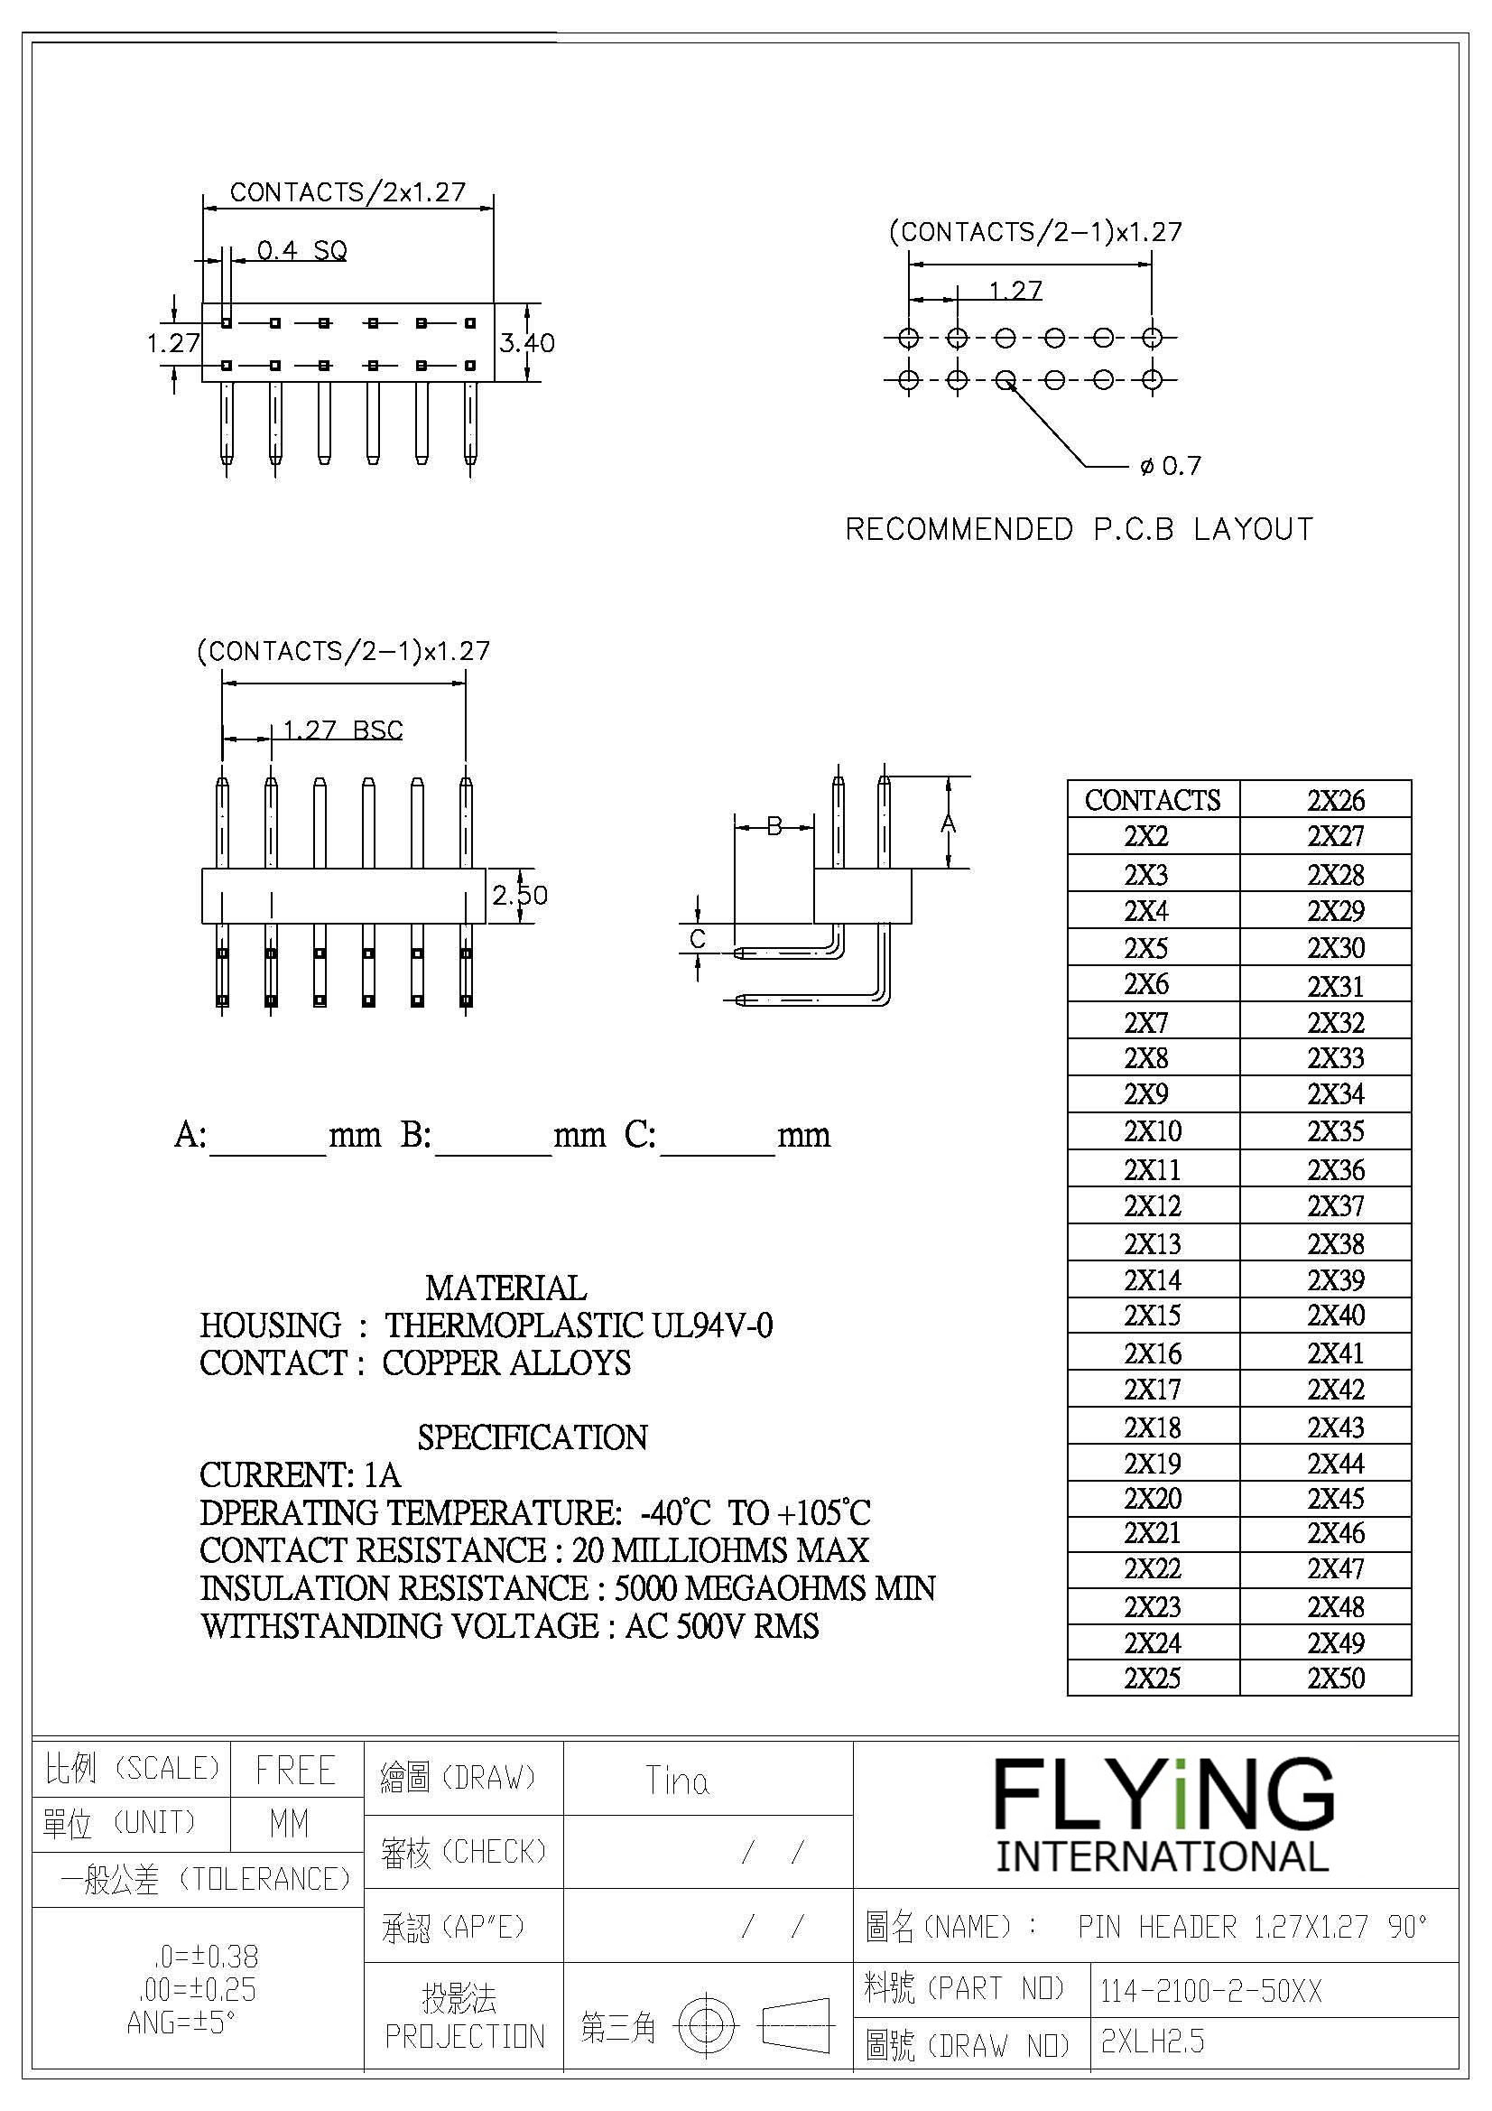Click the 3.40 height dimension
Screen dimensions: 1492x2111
(x=527, y=343)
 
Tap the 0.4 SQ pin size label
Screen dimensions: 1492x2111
(x=301, y=250)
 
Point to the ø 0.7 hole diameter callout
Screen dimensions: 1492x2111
(x=1170, y=466)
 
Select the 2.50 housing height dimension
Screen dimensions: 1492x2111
(x=519, y=895)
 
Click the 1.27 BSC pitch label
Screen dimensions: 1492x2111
(x=342, y=730)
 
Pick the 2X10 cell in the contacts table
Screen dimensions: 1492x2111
(x=1152, y=1130)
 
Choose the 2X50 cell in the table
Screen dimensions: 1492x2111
(x=1336, y=1678)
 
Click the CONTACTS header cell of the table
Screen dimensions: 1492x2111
(x=1153, y=800)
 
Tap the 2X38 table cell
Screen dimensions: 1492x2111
(x=1336, y=1243)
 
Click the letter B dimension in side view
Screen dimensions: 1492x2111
(x=774, y=825)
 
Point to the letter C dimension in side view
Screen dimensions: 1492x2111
(x=698, y=939)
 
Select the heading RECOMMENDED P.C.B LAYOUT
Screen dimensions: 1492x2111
(x=1080, y=530)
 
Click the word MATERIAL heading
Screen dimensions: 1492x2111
(x=505, y=1288)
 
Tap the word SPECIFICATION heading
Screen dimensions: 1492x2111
(x=533, y=1437)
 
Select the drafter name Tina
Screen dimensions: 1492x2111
(x=677, y=1781)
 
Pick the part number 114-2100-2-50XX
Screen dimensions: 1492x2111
(x=1210, y=1992)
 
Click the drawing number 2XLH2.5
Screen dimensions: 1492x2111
(x=1152, y=2041)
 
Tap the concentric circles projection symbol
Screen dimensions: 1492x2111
(x=706, y=2025)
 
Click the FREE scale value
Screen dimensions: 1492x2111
(x=295, y=1770)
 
